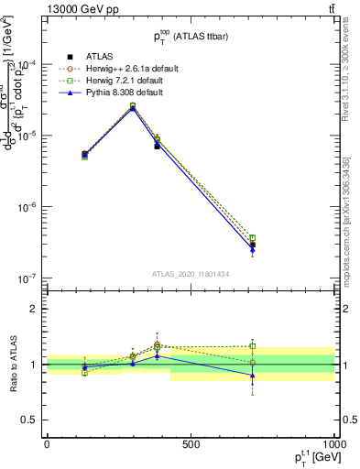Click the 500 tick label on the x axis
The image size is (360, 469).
191,443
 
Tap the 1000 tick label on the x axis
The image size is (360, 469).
331,443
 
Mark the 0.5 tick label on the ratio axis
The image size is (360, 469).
32,420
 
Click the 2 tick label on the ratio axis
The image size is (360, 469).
36,309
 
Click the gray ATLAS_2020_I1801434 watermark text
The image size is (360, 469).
191,275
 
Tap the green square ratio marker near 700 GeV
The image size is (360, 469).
252,346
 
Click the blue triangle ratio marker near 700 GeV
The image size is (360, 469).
252,376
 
